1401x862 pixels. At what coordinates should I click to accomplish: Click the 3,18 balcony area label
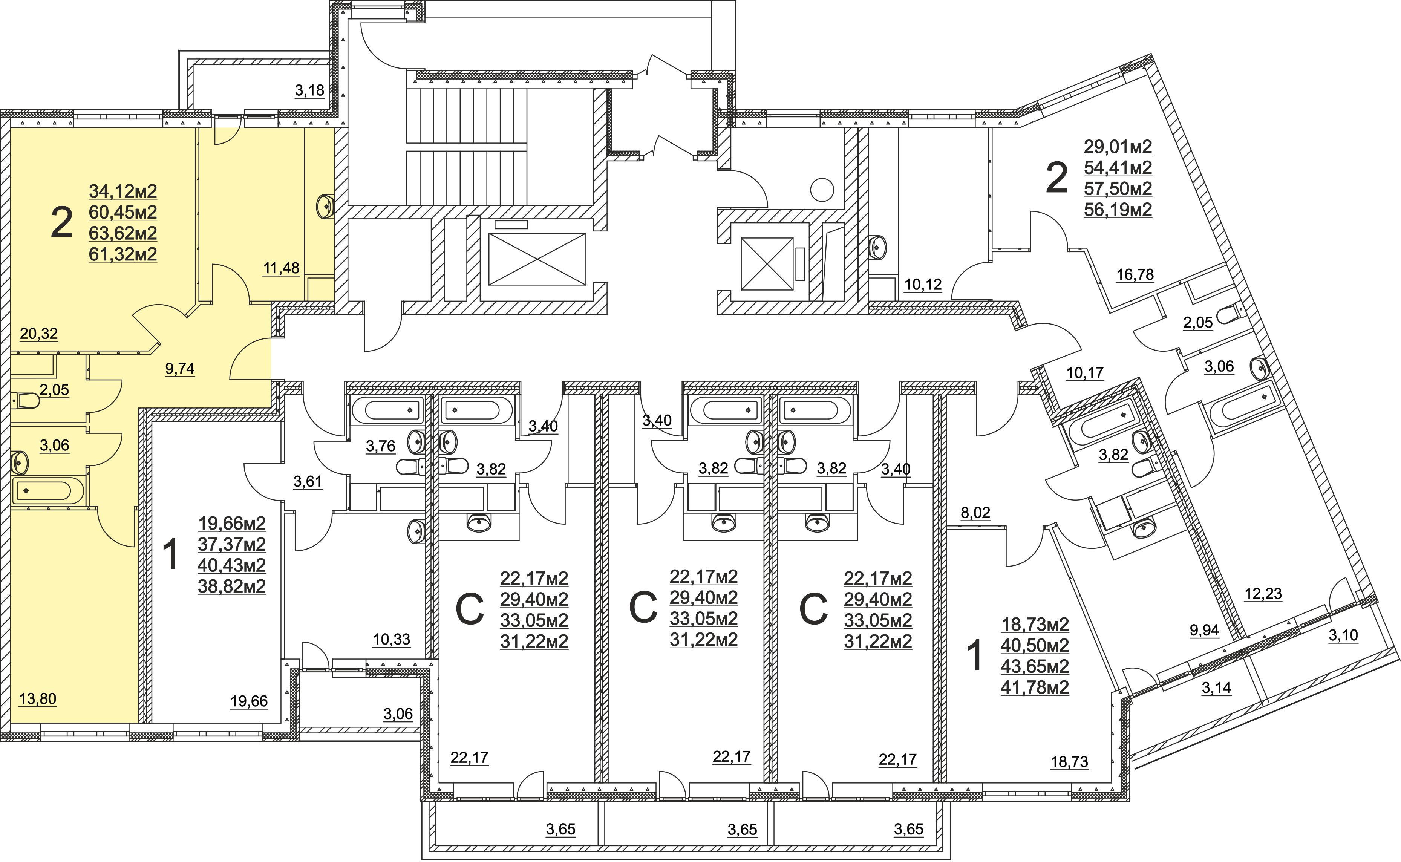[x=309, y=90]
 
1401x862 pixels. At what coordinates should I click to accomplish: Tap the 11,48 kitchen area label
[x=281, y=268]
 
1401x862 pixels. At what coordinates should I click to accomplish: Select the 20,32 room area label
[x=39, y=334]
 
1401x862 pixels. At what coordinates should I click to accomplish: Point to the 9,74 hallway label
[x=179, y=369]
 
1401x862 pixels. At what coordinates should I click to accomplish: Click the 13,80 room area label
[x=38, y=699]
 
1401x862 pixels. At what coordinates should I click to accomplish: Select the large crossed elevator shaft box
[x=537, y=259]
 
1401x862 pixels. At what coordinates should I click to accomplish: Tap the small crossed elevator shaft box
[x=767, y=264]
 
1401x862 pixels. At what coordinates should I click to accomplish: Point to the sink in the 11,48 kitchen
[x=325, y=206]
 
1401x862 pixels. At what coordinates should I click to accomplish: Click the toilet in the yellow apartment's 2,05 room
[x=24, y=401]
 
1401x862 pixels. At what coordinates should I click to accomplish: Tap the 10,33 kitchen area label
[x=392, y=640]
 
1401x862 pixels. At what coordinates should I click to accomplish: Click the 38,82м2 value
[x=232, y=586]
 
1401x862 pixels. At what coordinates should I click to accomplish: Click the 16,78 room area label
[x=1135, y=275]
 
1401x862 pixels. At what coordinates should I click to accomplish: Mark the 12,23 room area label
[x=1263, y=594]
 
